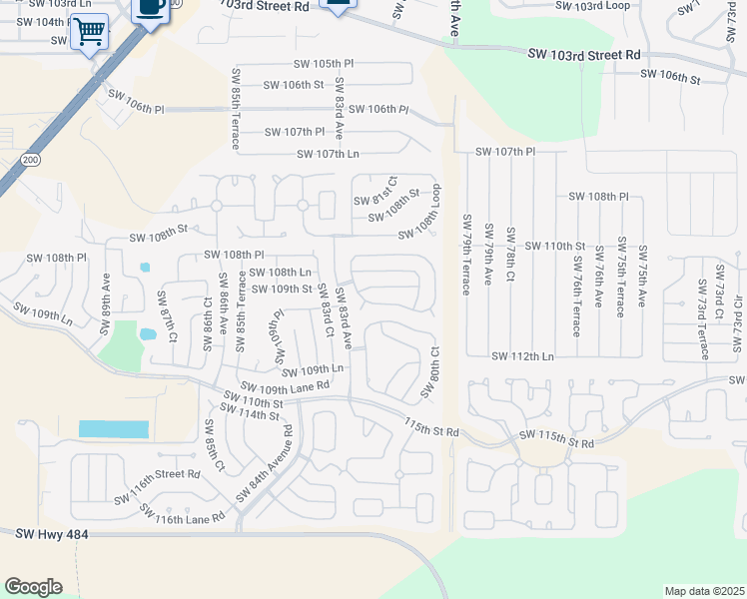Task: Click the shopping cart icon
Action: click(90, 32)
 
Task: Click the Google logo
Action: click(33, 587)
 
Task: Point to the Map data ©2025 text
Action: click(704, 591)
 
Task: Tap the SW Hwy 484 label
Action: click(52, 535)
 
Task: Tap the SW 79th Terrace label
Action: click(466, 254)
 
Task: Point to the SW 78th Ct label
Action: click(510, 252)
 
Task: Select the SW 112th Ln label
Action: click(521, 355)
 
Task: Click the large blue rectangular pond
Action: click(113, 429)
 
